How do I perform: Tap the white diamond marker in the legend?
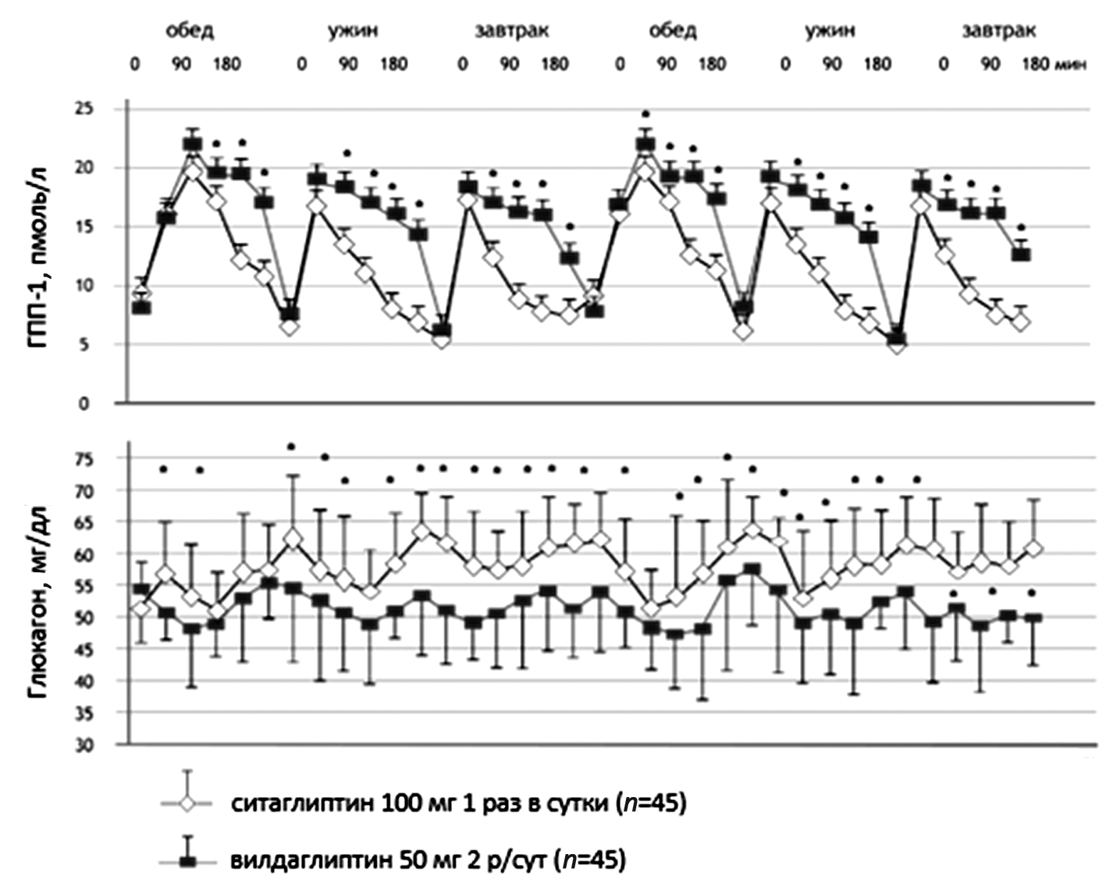pos(187,803)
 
